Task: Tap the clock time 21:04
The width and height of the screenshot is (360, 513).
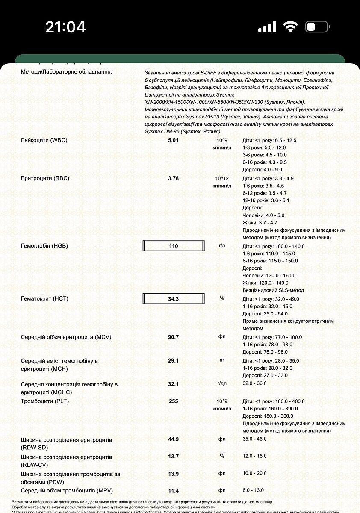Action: [x=65, y=27]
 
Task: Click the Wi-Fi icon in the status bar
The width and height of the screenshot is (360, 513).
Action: [x=291, y=27]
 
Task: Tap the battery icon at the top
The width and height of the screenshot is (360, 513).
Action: [x=316, y=27]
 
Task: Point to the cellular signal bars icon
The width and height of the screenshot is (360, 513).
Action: [x=267, y=27]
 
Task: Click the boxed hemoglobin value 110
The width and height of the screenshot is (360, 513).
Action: [x=173, y=246]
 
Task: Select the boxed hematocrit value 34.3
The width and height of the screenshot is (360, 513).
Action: [x=173, y=298]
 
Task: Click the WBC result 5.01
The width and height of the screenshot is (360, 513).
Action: [x=173, y=140]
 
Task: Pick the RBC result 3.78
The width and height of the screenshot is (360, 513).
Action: [x=173, y=178]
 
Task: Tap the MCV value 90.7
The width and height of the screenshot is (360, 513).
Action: [x=173, y=337]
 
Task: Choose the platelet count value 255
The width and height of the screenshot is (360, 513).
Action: [x=173, y=401]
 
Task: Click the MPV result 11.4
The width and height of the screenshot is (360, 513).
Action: [x=173, y=491]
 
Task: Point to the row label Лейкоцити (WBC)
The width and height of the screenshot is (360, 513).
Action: [x=44, y=140]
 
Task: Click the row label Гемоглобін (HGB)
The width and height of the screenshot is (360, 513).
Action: [x=44, y=246]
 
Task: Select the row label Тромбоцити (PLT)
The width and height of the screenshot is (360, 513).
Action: [x=45, y=401]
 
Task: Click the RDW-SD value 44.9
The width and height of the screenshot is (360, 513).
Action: [x=173, y=439]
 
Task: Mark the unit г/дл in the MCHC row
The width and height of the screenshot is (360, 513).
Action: [x=222, y=383]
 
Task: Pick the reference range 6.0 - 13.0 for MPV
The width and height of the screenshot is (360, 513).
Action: [x=253, y=490]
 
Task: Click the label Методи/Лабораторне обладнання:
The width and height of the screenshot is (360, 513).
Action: [x=66, y=71]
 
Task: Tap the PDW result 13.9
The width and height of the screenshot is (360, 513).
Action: [x=173, y=474]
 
